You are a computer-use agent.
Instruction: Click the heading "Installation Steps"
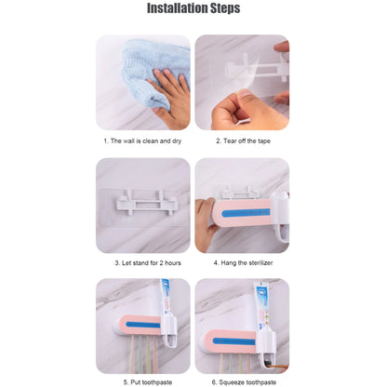(193, 8)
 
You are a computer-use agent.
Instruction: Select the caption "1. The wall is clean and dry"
(142, 141)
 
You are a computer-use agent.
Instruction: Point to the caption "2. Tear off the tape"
(243, 141)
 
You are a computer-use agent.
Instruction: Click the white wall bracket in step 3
(145, 203)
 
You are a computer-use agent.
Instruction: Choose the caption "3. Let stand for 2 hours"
(148, 263)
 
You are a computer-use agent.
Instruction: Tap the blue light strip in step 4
(246, 213)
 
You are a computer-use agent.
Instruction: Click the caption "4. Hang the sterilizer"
(243, 263)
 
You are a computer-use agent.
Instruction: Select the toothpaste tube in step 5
(166, 298)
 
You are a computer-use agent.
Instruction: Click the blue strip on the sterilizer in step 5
(143, 325)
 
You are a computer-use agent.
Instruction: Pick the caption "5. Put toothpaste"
(148, 382)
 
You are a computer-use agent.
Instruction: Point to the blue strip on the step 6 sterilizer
(234, 341)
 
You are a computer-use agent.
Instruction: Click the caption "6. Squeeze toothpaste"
(244, 382)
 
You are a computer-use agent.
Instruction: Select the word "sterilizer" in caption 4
(260, 263)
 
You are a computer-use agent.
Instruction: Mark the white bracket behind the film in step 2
(258, 69)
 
